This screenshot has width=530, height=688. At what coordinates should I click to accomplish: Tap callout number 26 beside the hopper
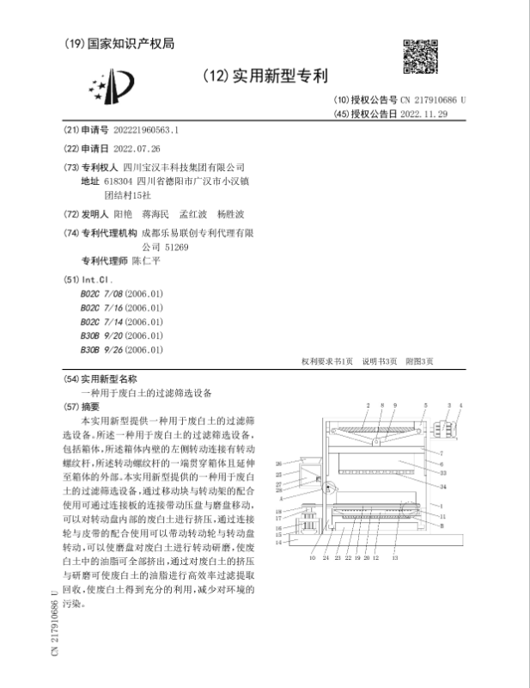(278, 464)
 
